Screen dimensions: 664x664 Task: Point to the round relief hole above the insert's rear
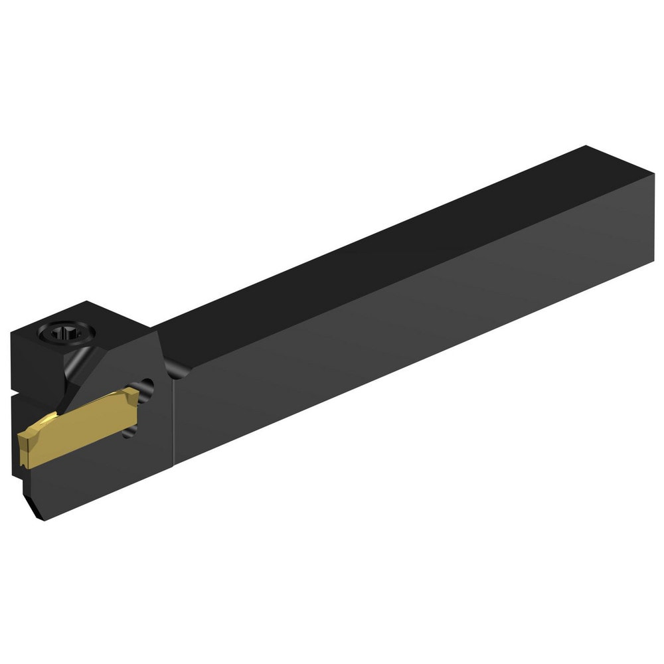pos(147,386)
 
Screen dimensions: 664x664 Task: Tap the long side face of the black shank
pos(412,345)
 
